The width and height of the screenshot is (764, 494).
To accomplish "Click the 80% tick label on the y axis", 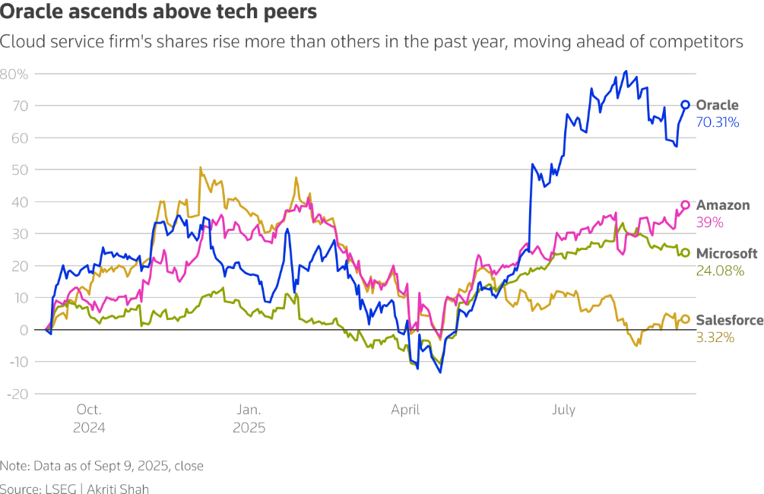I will click(x=14, y=74).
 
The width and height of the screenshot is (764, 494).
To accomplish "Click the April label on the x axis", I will click(x=405, y=410).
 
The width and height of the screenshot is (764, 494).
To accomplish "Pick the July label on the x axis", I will click(x=563, y=410).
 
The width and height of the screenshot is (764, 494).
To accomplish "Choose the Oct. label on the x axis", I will click(x=89, y=410).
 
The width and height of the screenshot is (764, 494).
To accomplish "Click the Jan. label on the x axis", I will click(x=249, y=410).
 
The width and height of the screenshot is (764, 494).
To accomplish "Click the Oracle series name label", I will click(x=717, y=106).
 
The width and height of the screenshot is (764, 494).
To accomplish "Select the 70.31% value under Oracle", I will click(x=718, y=122).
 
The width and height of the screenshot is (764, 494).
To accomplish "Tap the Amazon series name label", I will click(x=723, y=205).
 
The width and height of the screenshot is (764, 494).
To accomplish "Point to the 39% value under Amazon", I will click(x=709, y=223).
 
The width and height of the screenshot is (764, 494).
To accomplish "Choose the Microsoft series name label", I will click(x=727, y=253).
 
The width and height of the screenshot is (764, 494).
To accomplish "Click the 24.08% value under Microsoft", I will click(x=719, y=270).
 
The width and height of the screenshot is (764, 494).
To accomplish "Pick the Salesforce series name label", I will click(x=729, y=320).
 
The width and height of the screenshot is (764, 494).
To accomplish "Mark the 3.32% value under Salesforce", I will click(x=715, y=337).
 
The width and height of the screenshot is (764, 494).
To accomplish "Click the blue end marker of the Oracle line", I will click(x=685, y=105).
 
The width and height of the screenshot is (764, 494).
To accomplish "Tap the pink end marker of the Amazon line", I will click(x=685, y=204).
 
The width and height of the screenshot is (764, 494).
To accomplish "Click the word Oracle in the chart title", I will click(x=30, y=13).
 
